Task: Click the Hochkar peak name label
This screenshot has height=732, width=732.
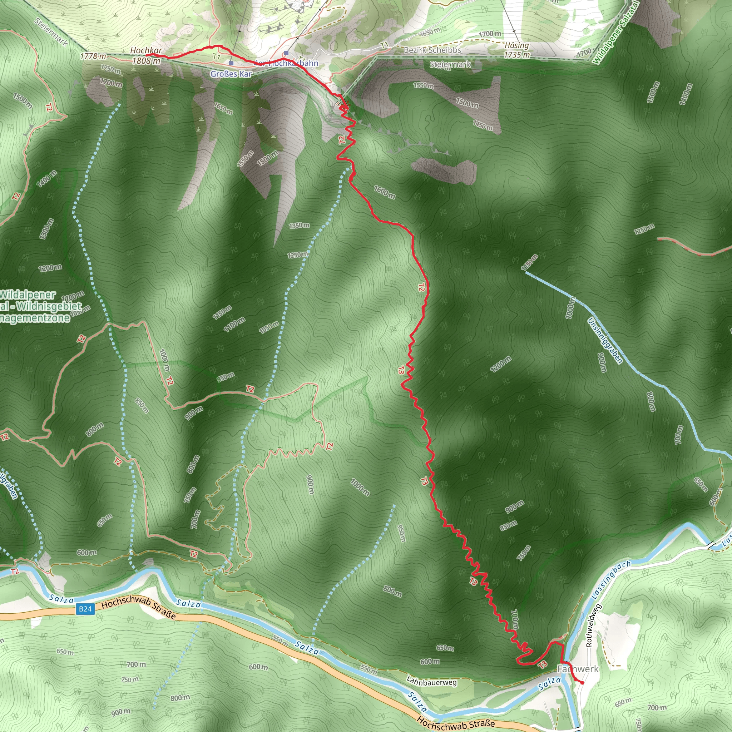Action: (146, 50)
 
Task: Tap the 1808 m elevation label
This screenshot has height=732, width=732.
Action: (146, 61)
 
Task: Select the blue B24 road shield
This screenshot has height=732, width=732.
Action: (85, 609)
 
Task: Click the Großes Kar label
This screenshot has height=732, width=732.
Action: (231, 74)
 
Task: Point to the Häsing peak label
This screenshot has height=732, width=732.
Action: (516, 45)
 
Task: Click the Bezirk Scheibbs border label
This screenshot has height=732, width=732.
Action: (432, 50)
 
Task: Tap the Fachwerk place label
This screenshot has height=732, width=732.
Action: (578, 669)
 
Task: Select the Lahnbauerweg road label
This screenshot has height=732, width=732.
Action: (431, 681)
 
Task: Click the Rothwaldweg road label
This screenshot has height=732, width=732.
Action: (589, 625)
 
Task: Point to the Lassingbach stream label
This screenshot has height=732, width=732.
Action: (611, 580)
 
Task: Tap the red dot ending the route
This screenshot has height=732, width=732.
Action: (582, 683)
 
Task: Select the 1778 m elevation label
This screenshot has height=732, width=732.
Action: (93, 56)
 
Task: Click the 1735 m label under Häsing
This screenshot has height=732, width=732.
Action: (516, 55)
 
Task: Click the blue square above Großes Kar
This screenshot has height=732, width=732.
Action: (231, 63)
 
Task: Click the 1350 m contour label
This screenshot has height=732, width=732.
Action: (299, 226)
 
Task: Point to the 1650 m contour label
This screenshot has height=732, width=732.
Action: (223, 108)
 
